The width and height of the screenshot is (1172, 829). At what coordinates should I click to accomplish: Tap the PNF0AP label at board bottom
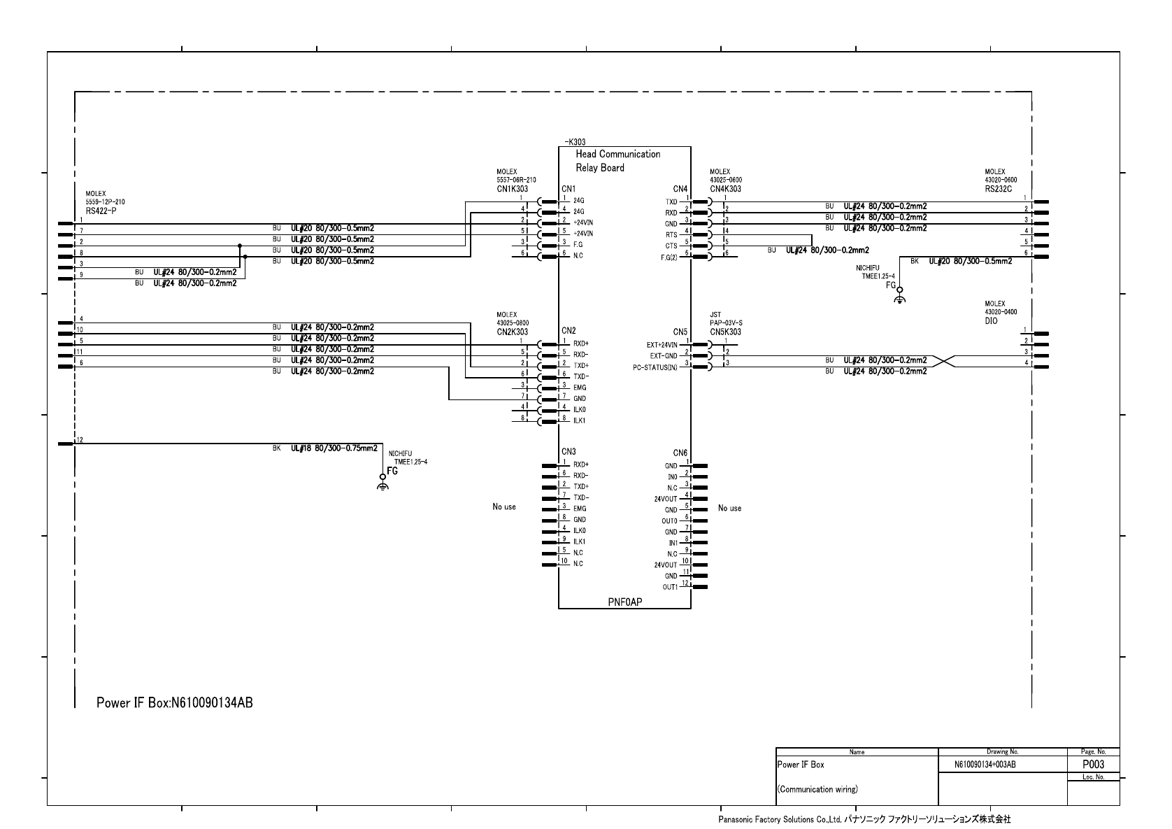tap(624, 602)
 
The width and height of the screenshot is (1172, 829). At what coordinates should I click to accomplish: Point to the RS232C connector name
tap(999, 188)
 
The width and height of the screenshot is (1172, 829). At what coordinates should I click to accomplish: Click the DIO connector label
tap(991, 320)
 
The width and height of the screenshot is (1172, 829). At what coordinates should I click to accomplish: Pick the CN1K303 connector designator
tap(512, 189)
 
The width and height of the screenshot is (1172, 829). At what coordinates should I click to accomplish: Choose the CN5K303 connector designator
tap(725, 332)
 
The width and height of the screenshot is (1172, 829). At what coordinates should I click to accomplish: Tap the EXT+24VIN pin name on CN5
tap(662, 345)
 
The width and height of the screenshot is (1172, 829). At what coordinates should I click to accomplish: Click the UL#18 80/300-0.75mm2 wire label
tap(334, 448)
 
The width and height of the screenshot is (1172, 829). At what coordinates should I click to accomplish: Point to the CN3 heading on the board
tap(568, 452)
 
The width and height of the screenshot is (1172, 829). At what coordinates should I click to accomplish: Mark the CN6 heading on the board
tap(680, 453)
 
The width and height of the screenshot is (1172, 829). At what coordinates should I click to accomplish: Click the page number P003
tap(1093, 765)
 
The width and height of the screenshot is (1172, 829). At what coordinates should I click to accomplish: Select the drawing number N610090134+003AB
tap(985, 765)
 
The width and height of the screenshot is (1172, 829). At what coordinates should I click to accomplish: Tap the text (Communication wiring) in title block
tap(817, 789)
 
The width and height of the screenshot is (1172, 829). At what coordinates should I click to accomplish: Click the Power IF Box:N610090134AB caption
tap(174, 702)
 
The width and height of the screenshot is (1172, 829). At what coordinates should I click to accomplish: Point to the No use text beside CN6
tap(729, 508)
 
